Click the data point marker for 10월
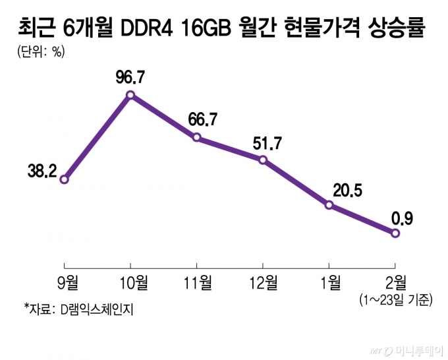[130, 95]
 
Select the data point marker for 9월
[65, 179]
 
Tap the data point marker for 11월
[196, 137]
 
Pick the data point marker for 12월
[263, 160]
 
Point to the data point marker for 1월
[329, 205]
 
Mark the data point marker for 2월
[395, 233]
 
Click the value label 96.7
[130, 78]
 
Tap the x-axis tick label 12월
[262, 283]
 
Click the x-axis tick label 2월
[395, 283]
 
